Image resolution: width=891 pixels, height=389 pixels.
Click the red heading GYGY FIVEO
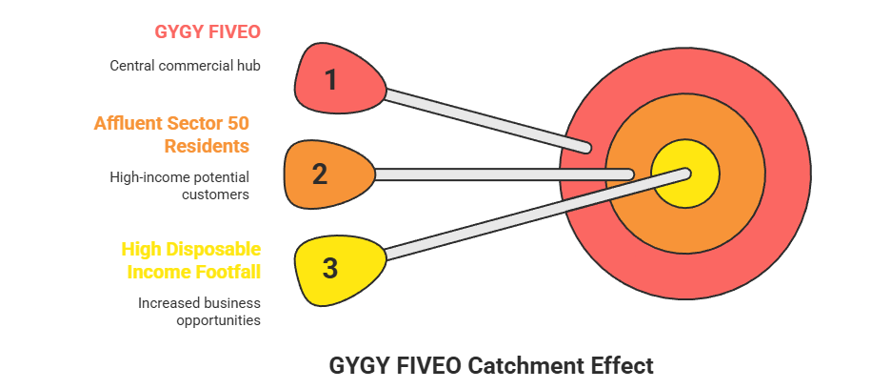tap(208, 31)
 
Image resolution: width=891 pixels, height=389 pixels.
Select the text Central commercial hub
tap(185, 66)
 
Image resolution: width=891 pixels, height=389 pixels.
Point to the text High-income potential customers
tap(180, 186)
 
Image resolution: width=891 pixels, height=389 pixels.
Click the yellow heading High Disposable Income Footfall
tap(191, 261)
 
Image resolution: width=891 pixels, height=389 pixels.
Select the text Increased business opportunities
tap(199, 312)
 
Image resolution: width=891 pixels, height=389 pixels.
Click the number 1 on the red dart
tap(330, 79)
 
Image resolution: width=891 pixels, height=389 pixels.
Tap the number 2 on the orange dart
tap(320, 174)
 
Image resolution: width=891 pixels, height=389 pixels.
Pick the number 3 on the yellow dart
tap(329, 268)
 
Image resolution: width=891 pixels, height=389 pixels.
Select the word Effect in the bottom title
tap(622, 365)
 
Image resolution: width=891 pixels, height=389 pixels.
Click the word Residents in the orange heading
tap(207, 146)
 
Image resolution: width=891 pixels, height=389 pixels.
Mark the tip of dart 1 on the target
tap(587, 149)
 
